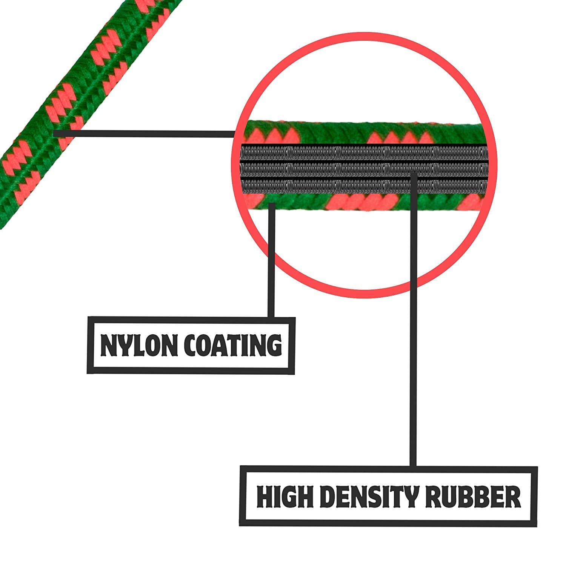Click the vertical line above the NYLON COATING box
point(271,264)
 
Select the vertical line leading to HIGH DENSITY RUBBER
point(414,321)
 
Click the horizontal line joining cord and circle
point(143,134)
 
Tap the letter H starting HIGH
point(265,497)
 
